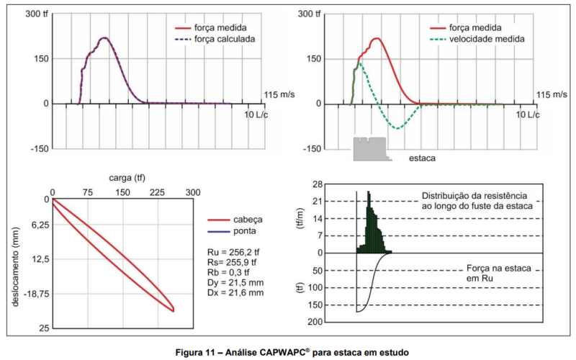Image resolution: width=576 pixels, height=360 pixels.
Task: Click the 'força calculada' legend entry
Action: pyautogui.click(x=225, y=38)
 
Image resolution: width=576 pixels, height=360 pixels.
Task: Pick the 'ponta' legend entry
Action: pyautogui.click(x=246, y=231)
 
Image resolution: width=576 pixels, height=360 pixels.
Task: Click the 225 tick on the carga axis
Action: pyautogui.click(x=157, y=193)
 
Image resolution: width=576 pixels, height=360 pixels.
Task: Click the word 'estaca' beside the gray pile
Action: pyautogui.click(x=420, y=156)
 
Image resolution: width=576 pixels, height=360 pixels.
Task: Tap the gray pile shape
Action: pyautogui.click(x=370, y=149)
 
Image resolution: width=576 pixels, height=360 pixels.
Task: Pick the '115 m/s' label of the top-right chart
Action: pyautogui.click(x=552, y=94)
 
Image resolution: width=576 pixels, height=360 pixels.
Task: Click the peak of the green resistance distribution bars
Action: pyautogui.click(x=369, y=193)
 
